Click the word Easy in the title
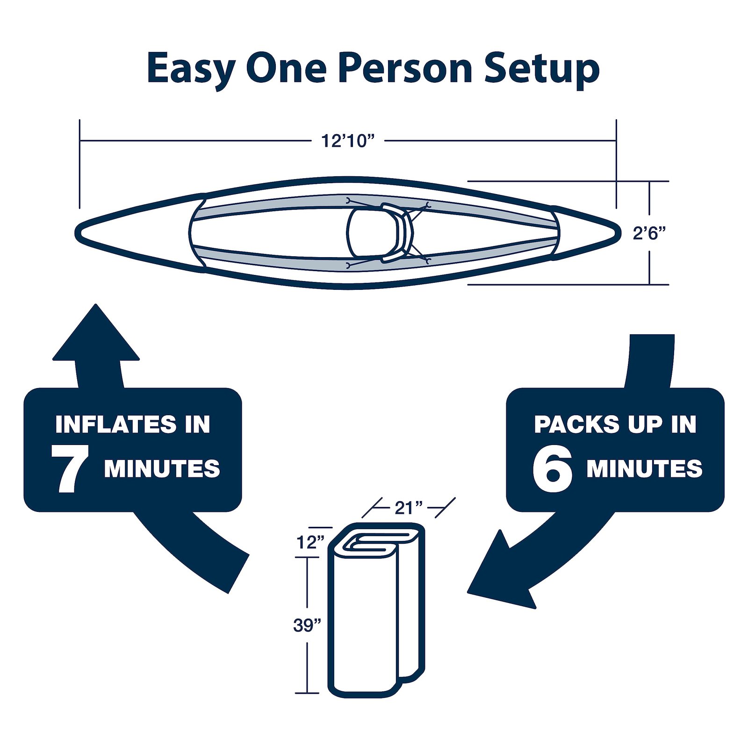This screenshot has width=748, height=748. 190,69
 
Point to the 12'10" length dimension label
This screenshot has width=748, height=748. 348,141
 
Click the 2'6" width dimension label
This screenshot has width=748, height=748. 648,233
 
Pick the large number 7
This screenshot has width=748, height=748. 70,469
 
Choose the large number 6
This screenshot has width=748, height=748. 553,469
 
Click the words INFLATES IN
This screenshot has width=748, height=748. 133,424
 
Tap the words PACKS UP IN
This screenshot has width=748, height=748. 615,424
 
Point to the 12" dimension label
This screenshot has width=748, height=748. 310,543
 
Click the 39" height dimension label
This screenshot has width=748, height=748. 307,626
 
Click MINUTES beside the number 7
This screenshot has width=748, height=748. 162,469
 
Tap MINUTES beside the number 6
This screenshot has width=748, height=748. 644,469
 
